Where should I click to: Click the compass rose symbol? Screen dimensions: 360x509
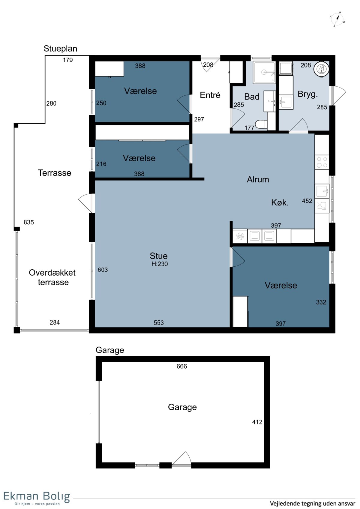tap(337, 19)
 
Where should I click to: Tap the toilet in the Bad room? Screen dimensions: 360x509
tap(261, 124)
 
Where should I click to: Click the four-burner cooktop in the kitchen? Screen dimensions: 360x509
tap(322, 162)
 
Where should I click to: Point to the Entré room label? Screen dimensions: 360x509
tap(210, 95)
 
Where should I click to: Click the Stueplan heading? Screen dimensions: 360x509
tap(61, 49)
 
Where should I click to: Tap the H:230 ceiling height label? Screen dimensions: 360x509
tap(160, 264)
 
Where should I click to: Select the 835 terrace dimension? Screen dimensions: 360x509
tap(29, 222)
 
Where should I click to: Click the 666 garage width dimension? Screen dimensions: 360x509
tap(182, 366)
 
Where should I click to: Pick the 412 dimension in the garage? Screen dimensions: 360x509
tap(257, 422)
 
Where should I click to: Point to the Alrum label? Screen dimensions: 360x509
tap(258, 179)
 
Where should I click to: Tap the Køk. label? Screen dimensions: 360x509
tap(280, 202)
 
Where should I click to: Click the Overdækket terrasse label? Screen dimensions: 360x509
tap(52, 277)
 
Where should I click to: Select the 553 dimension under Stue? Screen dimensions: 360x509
tap(159, 323)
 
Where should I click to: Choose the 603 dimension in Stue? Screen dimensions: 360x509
tap(103, 270)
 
